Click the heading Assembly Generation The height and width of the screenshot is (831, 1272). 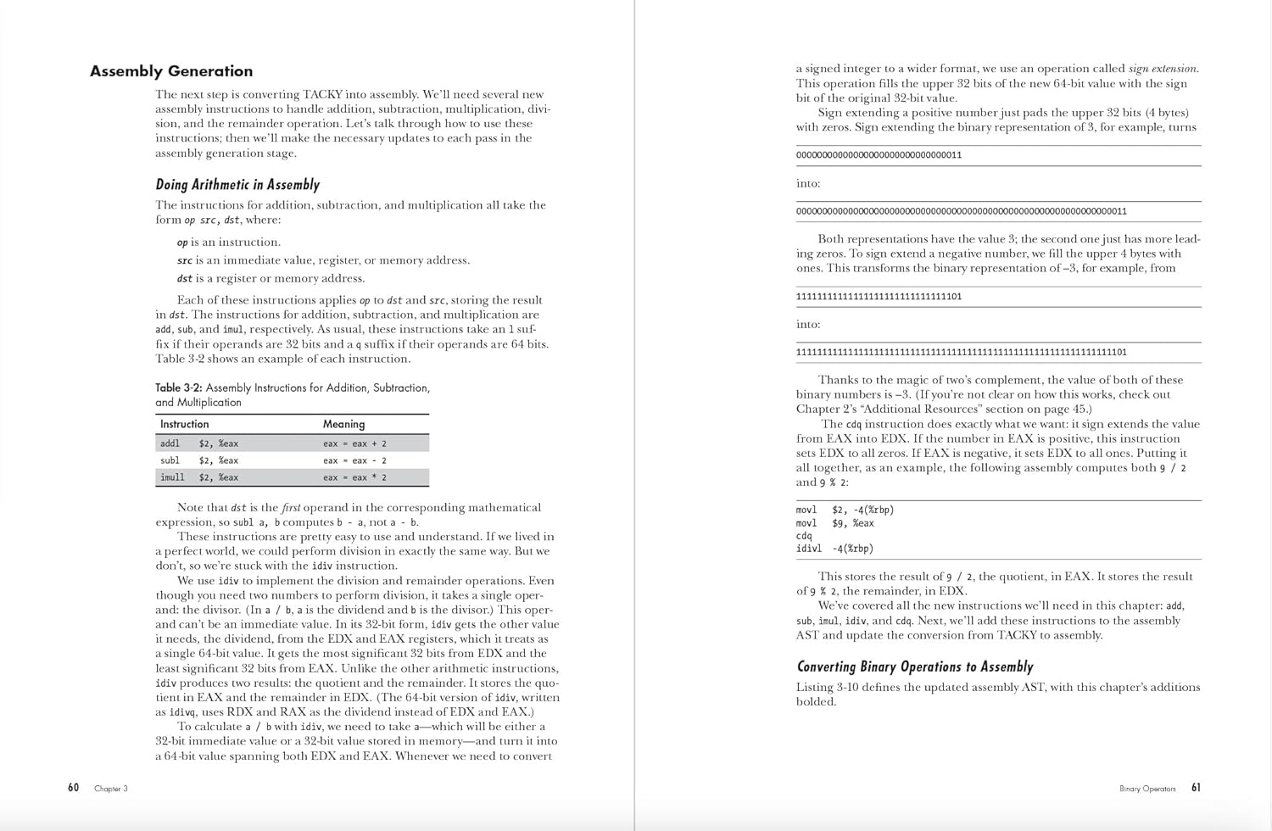171,71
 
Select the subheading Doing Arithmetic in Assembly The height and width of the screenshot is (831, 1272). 237,185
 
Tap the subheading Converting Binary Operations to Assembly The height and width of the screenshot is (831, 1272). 915,666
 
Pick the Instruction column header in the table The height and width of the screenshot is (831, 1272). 184,424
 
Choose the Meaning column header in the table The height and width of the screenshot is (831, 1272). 343,424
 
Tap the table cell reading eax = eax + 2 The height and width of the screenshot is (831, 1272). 354,443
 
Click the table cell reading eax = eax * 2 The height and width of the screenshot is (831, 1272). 354,477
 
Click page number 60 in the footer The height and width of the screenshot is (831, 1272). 74,788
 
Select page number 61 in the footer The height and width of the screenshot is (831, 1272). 1196,788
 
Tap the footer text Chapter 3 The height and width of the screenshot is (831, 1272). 111,789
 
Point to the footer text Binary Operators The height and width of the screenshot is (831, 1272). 1147,789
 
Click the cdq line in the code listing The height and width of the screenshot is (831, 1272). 804,536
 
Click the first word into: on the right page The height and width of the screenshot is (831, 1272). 808,183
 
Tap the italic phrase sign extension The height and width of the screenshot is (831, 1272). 1163,69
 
